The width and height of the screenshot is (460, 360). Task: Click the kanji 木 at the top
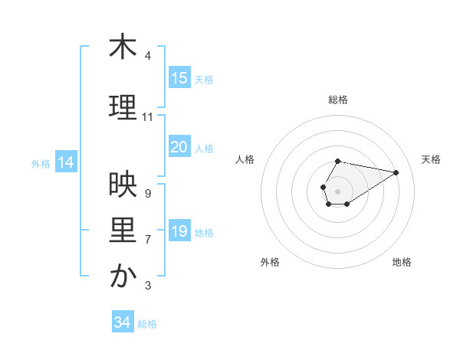(x=123, y=47)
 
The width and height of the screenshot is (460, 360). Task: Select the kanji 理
(x=123, y=107)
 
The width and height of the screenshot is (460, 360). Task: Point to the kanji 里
(x=123, y=230)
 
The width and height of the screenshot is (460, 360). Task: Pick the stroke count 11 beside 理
(x=148, y=117)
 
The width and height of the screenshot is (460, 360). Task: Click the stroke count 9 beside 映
(x=148, y=193)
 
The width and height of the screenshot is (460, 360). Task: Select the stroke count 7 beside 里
(x=148, y=240)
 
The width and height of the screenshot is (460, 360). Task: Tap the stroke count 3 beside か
(x=148, y=286)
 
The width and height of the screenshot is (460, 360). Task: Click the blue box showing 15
(x=179, y=77)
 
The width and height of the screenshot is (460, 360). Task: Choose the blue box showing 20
(x=179, y=147)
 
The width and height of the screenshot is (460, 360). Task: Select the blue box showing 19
(x=179, y=231)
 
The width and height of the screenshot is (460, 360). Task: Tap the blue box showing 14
(x=65, y=162)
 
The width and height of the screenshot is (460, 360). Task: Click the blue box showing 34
(x=122, y=322)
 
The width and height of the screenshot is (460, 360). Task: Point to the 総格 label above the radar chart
(x=338, y=100)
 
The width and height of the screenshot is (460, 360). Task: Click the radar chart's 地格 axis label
(x=402, y=262)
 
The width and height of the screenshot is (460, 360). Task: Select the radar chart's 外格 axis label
(x=270, y=262)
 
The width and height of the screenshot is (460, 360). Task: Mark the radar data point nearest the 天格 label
(x=396, y=172)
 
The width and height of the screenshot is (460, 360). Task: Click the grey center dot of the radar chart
(x=337, y=190)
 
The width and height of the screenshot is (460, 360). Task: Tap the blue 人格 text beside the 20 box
(x=204, y=149)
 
